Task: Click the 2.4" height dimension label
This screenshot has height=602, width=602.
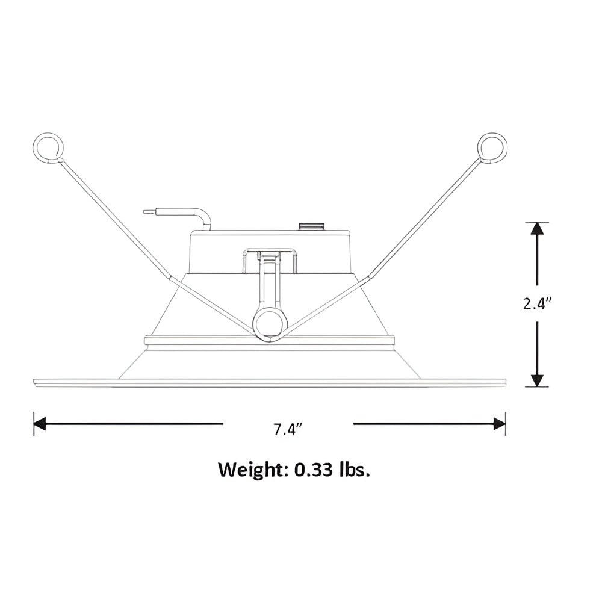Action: (537, 305)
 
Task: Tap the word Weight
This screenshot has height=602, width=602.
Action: (250, 469)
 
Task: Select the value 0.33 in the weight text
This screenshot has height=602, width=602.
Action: (314, 470)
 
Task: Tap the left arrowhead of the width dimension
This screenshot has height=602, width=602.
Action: (40, 423)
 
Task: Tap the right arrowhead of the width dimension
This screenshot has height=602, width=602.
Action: (499, 423)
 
